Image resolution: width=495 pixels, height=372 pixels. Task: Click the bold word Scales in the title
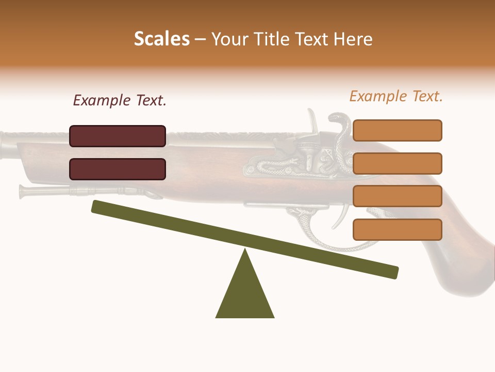pyautogui.click(x=161, y=39)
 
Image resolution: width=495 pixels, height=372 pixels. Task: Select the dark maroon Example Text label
pyautogui.click(x=120, y=101)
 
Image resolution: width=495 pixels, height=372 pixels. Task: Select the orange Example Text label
pyautogui.click(x=396, y=96)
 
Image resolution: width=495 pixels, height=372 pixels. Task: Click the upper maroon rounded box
pyautogui.click(x=118, y=136)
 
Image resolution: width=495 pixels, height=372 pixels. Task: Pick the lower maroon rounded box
pyautogui.click(x=118, y=169)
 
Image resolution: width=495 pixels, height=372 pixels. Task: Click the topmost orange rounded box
pyautogui.click(x=397, y=130)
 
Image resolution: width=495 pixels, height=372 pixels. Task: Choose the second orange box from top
pyautogui.click(x=397, y=163)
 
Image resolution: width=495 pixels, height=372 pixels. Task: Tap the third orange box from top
pyautogui.click(x=397, y=196)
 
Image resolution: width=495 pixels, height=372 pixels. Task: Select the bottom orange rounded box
pyautogui.click(x=397, y=229)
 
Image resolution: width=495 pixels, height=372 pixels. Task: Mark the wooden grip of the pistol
pyautogui.click(x=459, y=258)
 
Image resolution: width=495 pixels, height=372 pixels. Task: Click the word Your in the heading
pyautogui.click(x=230, y=39)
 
